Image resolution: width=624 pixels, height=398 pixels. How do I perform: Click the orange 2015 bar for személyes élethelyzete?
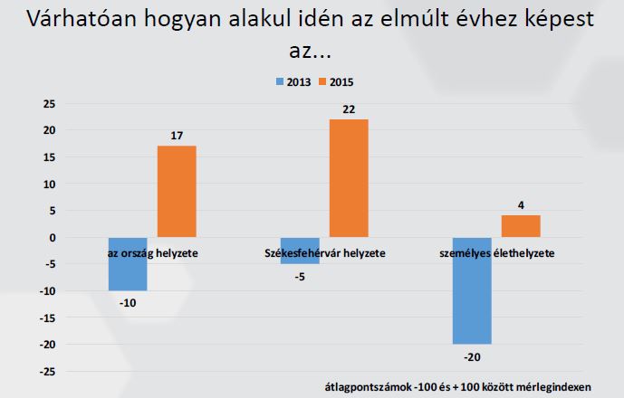point(521,227)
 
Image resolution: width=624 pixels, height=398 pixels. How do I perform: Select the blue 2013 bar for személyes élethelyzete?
point(472,291)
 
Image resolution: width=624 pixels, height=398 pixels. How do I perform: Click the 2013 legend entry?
point(293,81)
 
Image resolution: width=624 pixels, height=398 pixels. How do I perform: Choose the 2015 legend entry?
point(336,81)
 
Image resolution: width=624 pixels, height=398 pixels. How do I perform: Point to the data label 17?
point(177,136)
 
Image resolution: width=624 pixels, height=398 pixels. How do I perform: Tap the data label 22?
point(349,109)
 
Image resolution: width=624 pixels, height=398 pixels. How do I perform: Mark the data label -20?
point(472,355)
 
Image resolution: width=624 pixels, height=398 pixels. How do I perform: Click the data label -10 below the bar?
point(128,302)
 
